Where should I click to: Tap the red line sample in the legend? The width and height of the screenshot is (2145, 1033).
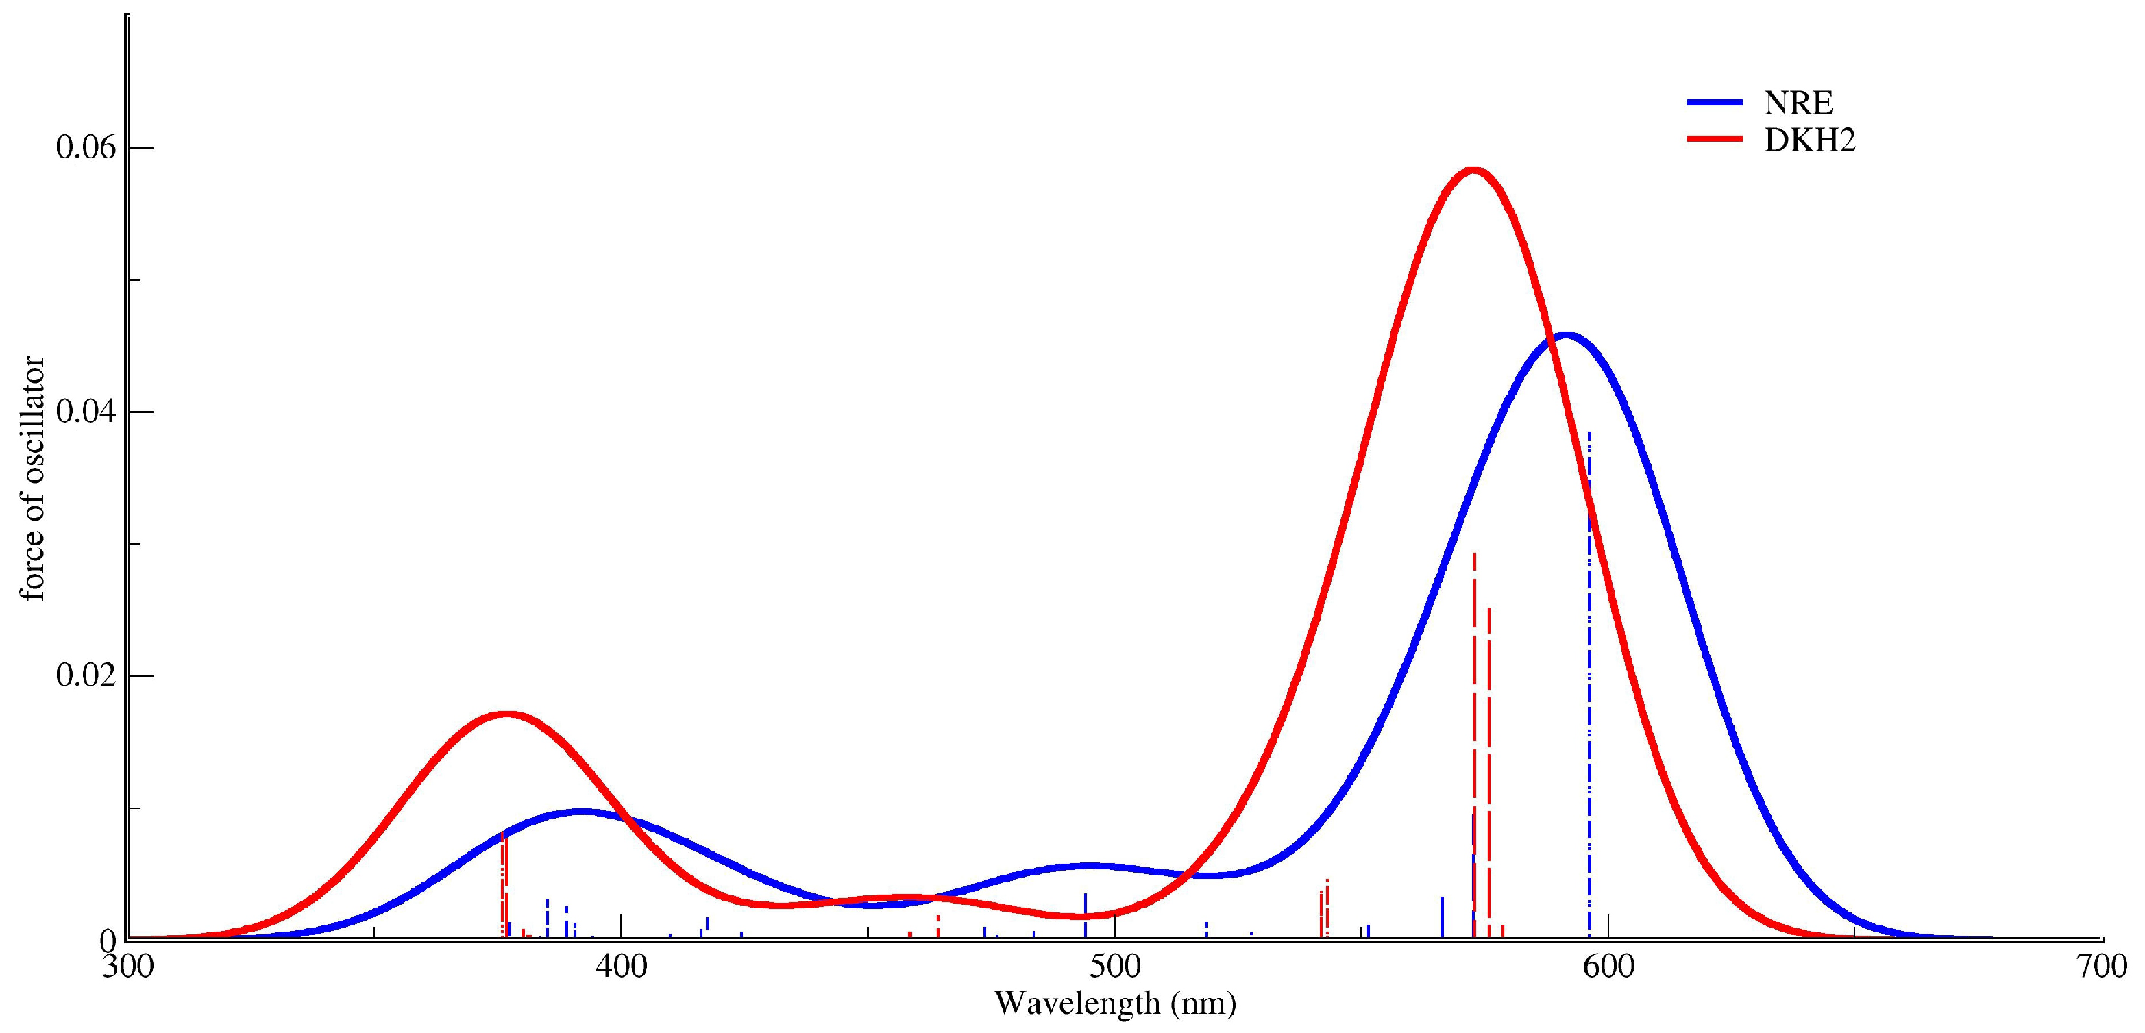[x=1714, y=140]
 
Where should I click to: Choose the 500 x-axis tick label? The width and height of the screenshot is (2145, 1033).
[x=1115, y=967]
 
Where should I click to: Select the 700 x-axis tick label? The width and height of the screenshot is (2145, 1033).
[x=2103, y=967]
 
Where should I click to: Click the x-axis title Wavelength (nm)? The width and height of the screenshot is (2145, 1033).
[x=1115, y=1003]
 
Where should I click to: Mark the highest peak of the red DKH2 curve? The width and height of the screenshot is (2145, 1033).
[x=1474, y=171]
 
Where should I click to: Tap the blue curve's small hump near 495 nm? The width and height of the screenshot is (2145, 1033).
[x=1088, y=866]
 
